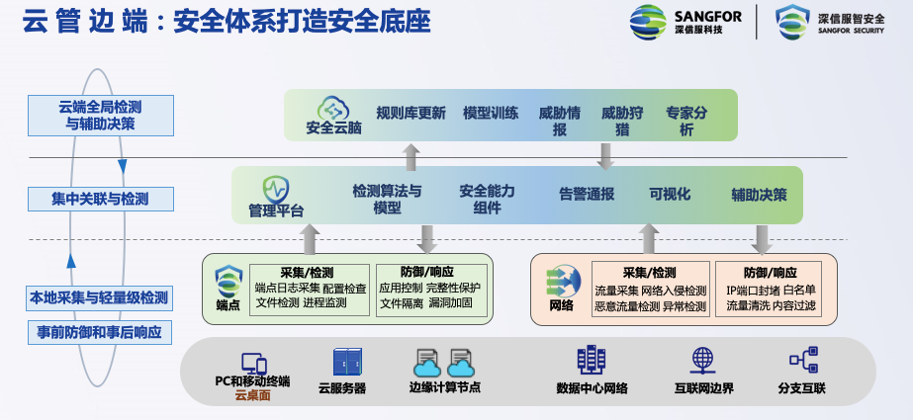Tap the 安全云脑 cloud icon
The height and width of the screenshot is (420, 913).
tap(329, 107)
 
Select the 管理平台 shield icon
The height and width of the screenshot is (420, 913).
tap(275, 188)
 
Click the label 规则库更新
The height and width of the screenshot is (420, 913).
tap(411, 113)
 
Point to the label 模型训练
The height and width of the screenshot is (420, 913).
tap(491, 113)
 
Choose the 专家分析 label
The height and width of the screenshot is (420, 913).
tap(686, 121)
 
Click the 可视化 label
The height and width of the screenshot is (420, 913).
tap(670, 194)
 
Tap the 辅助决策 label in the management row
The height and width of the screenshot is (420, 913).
tap(760, 194)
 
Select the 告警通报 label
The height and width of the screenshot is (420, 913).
tap(587, 194)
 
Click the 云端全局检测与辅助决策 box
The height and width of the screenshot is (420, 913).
tap(100, 115)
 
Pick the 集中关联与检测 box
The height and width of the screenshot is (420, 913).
tap(100, 199)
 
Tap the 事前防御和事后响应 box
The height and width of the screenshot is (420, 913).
tap(100, 331)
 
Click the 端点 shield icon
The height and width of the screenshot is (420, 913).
tap(228, 280)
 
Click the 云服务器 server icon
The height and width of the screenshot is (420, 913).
tap(347, 362)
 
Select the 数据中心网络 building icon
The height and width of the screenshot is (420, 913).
tap(592, 361)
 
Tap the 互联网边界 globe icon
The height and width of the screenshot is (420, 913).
tap(703, 361)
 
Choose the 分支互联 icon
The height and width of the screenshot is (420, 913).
tap(801, 361)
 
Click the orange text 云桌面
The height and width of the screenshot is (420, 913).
tap(252, 396)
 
